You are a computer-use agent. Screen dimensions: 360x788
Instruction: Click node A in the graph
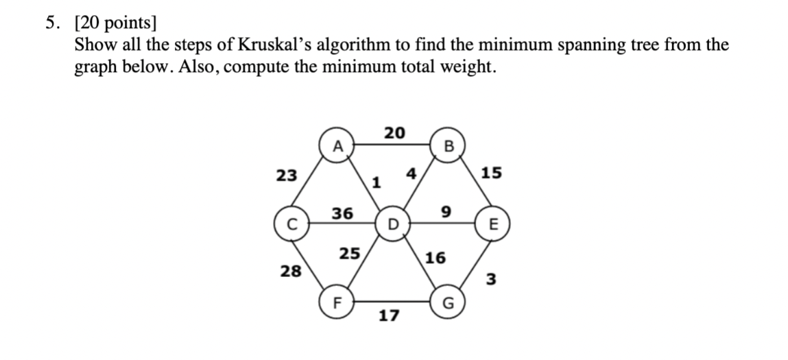coord(336,145)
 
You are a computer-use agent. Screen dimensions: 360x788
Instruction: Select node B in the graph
coord(449,145)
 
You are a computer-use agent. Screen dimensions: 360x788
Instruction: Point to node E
coord(494,224)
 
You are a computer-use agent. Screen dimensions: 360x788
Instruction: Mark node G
coord(449,302)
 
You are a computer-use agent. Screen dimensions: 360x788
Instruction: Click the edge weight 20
coord(394,132)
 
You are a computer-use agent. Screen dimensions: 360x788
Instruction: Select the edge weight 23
coord(287,175)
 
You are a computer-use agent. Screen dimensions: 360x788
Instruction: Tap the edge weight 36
coord(342,213)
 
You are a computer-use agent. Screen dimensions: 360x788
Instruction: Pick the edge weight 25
coord(349,254)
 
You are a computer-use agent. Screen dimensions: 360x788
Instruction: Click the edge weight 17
coord(389,316)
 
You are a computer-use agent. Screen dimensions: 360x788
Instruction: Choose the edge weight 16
coord(435,258)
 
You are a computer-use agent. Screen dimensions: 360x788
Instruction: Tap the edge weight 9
coord(446,213)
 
